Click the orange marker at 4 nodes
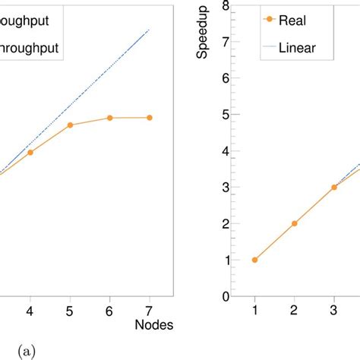point(30,153)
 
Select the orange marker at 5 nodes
point(70,125)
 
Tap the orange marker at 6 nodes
point(109,118)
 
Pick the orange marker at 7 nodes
point(149,118)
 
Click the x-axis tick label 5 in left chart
point(70,311)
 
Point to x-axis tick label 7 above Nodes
point(149,311)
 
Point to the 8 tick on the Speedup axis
point(226,6)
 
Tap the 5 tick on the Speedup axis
point(226,115)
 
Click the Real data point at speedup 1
point(254,260)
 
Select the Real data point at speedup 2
point(294,223)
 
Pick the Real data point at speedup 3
point(333,187)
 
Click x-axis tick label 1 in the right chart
point(254,311)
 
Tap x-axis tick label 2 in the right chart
point(294,311)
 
